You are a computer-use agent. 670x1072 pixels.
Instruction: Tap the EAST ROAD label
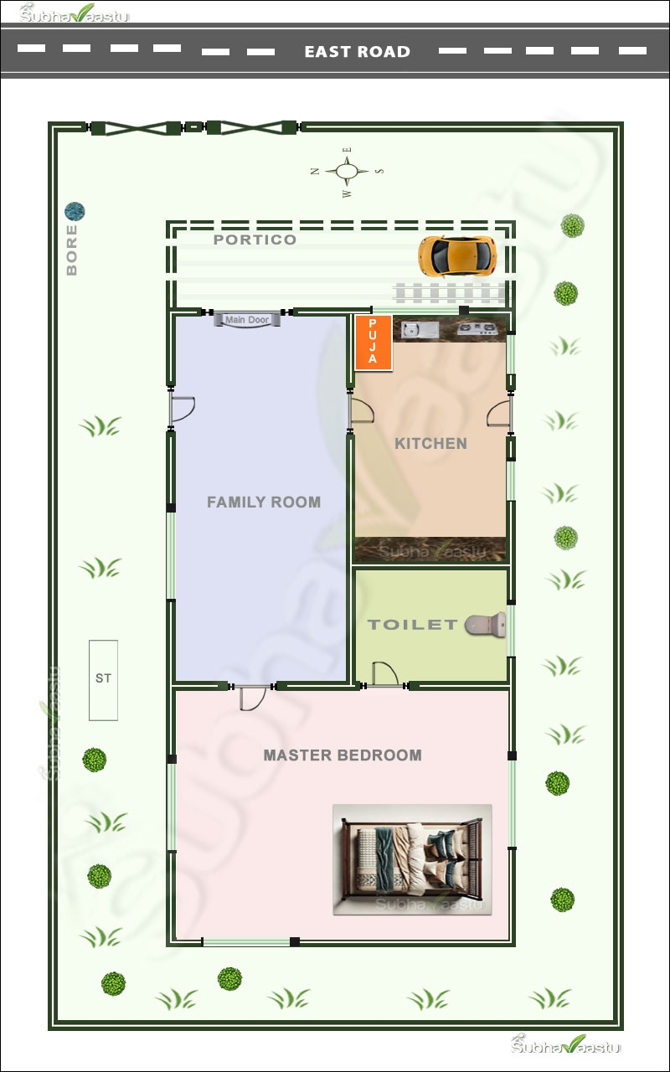click(357, 52)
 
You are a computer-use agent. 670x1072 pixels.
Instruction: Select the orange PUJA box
click(373, 342)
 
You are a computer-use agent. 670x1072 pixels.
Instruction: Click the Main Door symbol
click(246, 319)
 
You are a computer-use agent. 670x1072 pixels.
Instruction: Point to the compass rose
click(347, 172)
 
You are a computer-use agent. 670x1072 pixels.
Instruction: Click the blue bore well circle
click(75, 212)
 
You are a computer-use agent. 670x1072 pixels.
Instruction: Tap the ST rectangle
click(103, 679)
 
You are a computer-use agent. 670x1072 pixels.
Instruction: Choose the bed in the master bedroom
click(412, 859)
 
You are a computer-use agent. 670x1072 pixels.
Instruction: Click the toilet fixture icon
click(486, 624)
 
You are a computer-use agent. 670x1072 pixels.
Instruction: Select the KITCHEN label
click(430, 443)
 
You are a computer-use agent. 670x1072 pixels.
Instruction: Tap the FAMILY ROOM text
click(263, 502)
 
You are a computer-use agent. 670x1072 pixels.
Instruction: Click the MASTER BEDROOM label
click(342, 755)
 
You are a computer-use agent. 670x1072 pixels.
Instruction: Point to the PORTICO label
click(255, 240)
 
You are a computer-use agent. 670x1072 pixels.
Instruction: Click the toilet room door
click(384, 674)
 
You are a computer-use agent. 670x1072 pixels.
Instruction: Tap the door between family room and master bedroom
click(251, 697)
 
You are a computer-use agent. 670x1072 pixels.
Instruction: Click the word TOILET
click(412, 625)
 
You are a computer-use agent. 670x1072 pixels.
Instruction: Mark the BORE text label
click(72, 250)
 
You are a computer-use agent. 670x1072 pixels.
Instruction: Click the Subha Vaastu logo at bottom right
click(568, 1044)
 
